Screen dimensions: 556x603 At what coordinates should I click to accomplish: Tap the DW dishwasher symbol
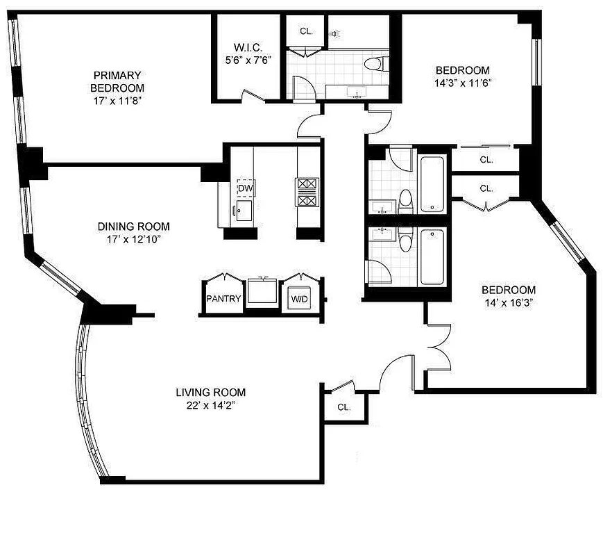244,188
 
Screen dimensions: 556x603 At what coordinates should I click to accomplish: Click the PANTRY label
223,300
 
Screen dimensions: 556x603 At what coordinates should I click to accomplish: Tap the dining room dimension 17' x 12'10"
133,238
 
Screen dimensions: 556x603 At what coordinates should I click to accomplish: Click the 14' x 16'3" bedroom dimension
509,302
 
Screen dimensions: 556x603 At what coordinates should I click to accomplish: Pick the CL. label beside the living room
343,407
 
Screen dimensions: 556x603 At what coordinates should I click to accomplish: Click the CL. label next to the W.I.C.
306,31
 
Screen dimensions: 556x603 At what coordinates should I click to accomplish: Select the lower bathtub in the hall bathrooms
432,256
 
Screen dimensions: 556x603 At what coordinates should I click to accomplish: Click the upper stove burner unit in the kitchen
307,184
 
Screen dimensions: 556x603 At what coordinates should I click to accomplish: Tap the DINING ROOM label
133,227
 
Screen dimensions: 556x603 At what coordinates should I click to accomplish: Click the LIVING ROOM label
210,393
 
